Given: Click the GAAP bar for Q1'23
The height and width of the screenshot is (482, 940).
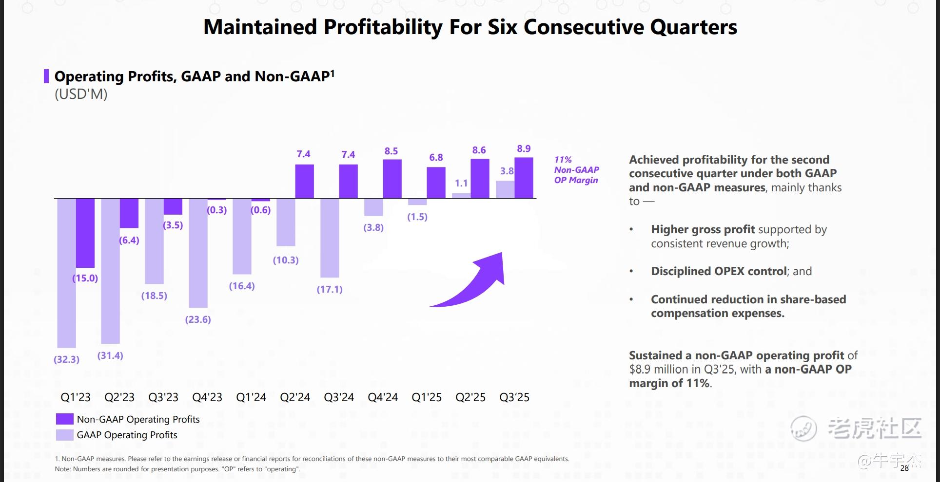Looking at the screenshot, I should tap(66, 273).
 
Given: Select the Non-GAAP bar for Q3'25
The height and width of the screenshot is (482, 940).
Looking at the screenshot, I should tap(524, 178).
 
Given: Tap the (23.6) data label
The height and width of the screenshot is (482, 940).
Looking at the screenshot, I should tap(198, 319).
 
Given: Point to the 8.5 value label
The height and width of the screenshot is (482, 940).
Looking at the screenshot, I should tap(391, 151).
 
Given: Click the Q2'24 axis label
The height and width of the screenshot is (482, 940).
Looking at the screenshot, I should tap(295, 397).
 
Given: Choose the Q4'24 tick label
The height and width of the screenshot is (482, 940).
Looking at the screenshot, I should tap(383, 397).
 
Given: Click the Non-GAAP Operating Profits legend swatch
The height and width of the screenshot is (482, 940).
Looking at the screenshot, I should tap(64, 419).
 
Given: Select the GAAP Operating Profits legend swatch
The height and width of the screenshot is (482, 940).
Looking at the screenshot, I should tap(64, 435).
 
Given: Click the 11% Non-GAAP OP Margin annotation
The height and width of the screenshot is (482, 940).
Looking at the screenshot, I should tap(576, 170).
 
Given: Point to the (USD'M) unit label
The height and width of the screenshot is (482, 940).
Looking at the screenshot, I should tap(81, 94).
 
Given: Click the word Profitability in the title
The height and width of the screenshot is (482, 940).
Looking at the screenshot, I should tap(383, 27).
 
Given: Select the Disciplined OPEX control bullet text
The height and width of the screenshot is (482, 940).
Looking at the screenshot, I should tap(719, 271).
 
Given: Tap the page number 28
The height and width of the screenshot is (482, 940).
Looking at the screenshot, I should tap(904, 468).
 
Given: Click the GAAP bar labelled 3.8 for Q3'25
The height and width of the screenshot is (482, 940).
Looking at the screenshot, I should tap(505, 189).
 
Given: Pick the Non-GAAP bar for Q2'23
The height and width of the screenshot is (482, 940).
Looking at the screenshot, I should tap(129, 213).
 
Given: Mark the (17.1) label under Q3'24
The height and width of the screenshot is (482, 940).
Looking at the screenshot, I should tap(330, 289).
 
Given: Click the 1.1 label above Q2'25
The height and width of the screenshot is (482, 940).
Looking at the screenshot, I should tap(461, 183).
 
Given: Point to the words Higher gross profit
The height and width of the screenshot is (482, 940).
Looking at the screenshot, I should tap(703, 229).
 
